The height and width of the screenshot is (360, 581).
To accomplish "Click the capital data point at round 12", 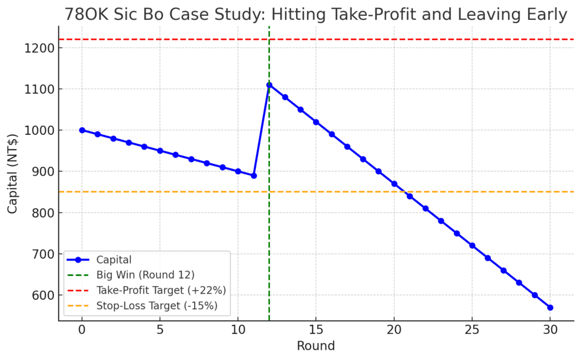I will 269,85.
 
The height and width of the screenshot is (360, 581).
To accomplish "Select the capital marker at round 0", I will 82,130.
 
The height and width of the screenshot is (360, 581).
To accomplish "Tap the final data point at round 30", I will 550,307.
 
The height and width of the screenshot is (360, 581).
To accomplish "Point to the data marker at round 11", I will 254,176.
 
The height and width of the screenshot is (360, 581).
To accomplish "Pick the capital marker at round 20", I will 394,184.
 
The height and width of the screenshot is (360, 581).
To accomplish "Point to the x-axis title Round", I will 316,346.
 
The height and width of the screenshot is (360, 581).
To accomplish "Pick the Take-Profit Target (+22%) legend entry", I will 162,291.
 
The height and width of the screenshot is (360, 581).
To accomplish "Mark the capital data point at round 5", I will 160,151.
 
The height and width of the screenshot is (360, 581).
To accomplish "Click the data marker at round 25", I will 472,245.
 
